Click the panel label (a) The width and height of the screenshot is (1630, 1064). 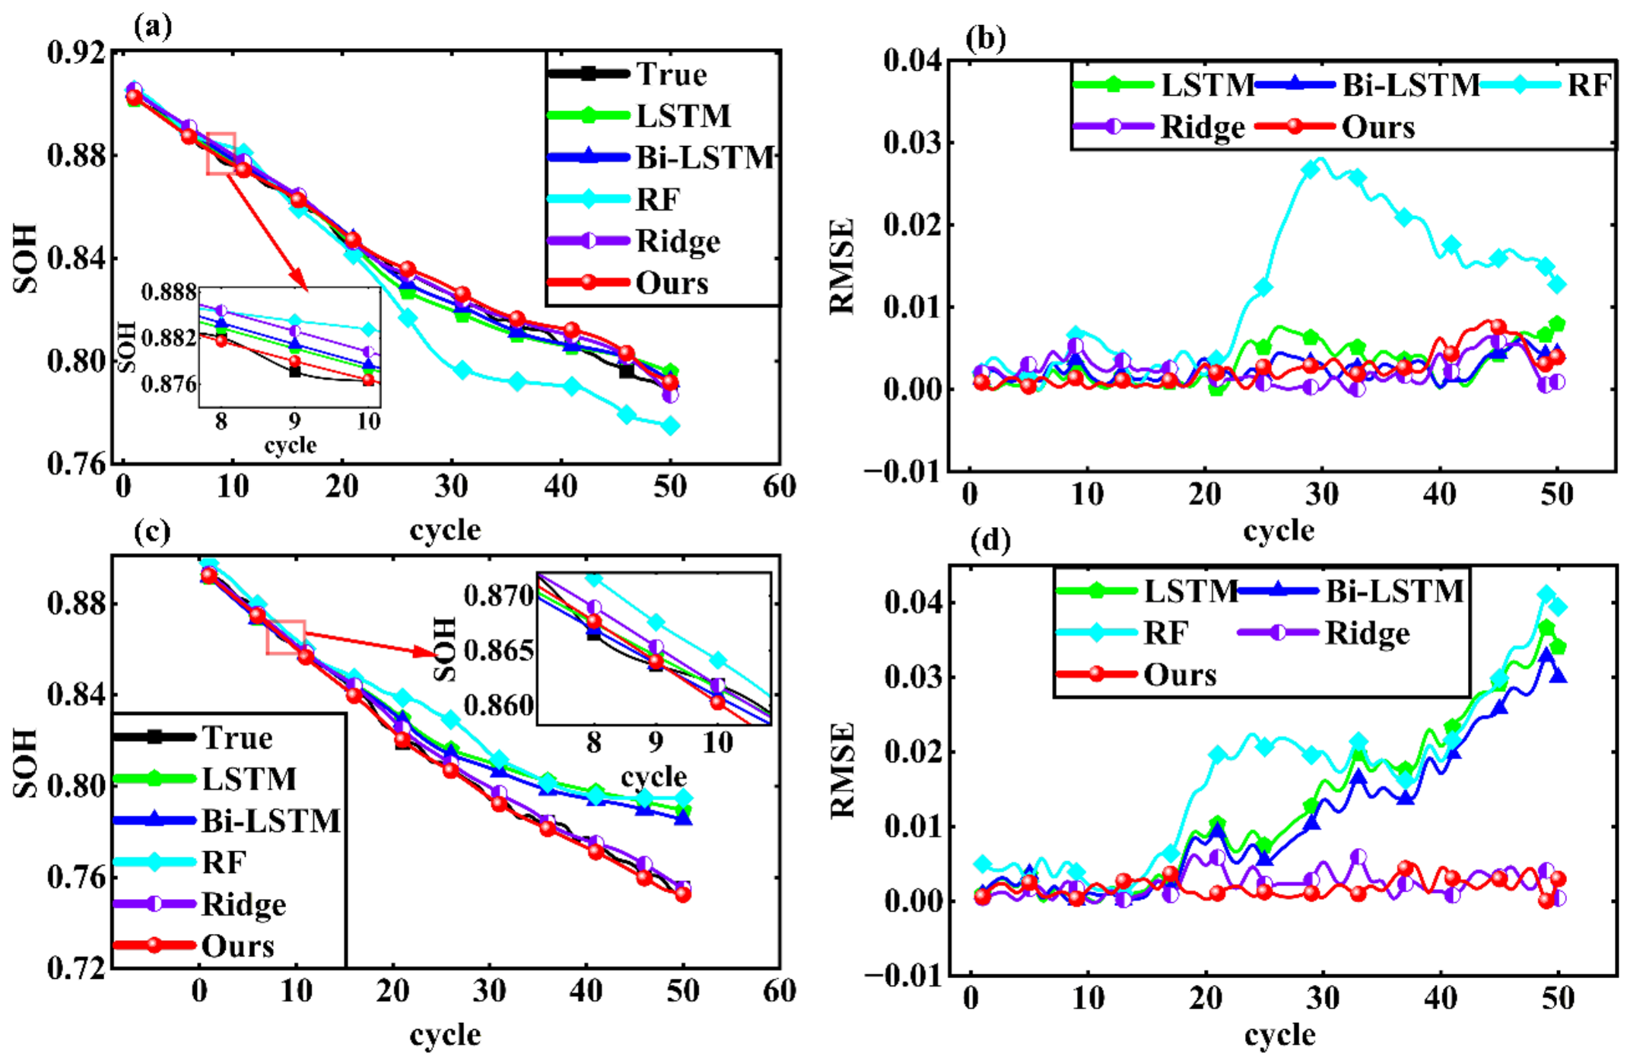153,27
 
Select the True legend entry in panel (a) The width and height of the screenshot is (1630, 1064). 628,74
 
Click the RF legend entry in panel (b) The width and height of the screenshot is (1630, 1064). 1547,84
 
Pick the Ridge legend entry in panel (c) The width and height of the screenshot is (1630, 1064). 200,904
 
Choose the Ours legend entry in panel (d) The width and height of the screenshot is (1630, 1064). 1137,675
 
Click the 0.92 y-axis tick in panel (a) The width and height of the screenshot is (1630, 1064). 75,53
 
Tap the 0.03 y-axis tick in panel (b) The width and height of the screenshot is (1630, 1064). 912,142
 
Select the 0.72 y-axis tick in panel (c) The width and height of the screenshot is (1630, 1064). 75,968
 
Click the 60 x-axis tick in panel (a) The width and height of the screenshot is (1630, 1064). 780,487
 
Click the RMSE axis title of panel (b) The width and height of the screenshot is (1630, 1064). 842,266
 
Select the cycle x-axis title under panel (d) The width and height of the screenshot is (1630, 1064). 1280,1035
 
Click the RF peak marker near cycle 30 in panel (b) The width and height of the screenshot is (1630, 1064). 1311,169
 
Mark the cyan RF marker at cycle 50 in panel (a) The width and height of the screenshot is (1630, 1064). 670,426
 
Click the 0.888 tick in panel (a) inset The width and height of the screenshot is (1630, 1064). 169,292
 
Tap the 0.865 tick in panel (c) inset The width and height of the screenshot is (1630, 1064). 499,651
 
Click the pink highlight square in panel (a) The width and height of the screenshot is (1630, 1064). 221,153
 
